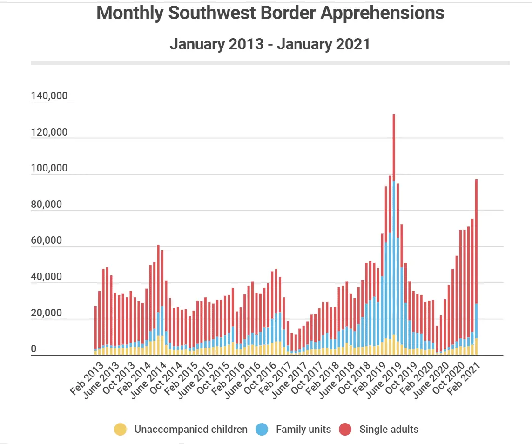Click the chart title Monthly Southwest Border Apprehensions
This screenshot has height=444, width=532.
pyautogui.click(x=270, y=13)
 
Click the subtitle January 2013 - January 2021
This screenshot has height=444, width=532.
pyautogui.click(x=270, y=44)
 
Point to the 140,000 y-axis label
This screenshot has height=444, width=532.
pyautogui.click(x=49, y=96)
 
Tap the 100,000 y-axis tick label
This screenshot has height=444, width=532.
pyautogui.click(x=49, y=168)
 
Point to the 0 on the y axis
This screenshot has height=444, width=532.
pyautogui.click(x=34, y=349)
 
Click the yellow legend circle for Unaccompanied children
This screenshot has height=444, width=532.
pyautogui.click(x=120, y=429)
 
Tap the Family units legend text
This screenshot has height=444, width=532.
pyautogui.click(x=303, y=429)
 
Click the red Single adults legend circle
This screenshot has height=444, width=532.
pyautogui.click(x=345, y=429)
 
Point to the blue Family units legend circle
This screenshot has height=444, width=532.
pyautogui.click(x=262, y=429)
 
